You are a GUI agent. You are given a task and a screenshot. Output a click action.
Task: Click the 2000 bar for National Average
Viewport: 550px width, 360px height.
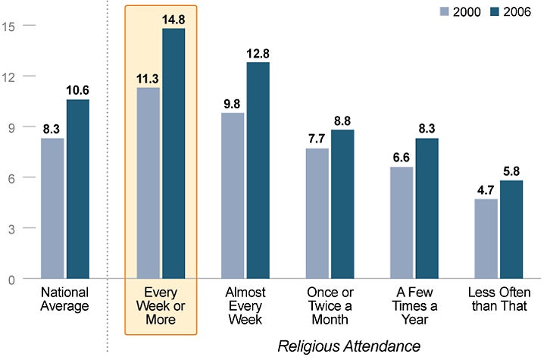[x=52, y=208]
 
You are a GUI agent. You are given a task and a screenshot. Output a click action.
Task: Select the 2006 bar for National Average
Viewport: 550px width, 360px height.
[x=77, y=189]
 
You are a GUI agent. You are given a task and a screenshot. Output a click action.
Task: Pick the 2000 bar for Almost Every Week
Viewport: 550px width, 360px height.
[x=232, y=196]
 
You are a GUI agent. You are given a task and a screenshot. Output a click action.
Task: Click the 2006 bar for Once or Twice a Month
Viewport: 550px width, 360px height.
[x=342, y=205]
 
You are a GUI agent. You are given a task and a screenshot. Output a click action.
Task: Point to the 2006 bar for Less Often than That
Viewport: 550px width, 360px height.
[x=511, y=230]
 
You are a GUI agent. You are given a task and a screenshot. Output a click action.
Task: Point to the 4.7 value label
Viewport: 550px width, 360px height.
[x=486, y=191]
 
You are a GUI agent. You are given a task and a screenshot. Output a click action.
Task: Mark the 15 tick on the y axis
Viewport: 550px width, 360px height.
[x=9, y=26]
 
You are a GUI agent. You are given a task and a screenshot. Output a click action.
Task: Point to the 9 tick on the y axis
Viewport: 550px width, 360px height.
[x=9, y=127]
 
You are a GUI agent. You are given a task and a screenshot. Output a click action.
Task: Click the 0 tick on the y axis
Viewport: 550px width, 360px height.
[x=9, y=279]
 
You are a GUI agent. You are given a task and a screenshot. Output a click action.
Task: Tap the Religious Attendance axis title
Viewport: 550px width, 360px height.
[x=348, y=346]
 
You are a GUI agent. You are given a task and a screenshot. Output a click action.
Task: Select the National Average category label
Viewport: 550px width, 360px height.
[x=65, y=299]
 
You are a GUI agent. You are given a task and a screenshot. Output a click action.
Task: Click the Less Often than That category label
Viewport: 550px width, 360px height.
[x=499, y=305]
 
